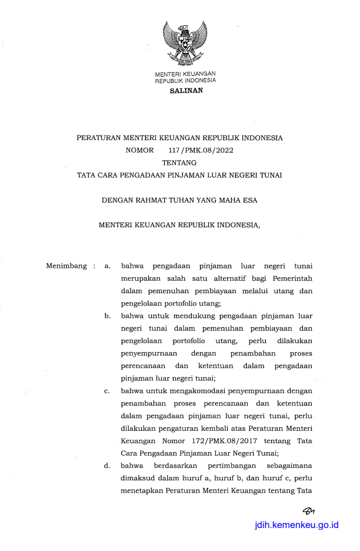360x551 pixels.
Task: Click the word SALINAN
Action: point(185,91)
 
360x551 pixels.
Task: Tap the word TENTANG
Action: point(179,162)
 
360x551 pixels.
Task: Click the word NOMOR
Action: point(139,150)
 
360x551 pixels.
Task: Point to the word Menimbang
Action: point(66,266)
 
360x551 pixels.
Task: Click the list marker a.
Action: point(107,266)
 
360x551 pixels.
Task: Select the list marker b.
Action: point(108,316)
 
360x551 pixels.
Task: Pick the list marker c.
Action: point(107,391)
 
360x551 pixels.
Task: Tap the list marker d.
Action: point(108,466)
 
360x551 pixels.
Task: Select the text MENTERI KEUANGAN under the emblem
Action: point(185,74)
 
